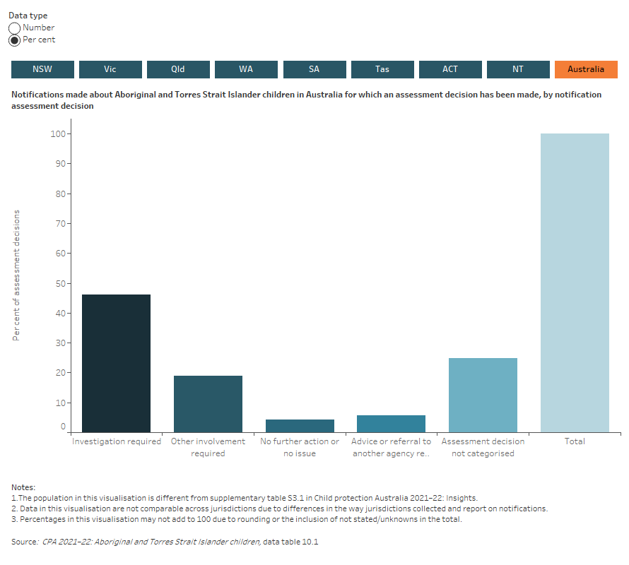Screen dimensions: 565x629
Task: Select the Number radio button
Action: (x=15, y=28)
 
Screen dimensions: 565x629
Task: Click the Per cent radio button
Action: (x=15, y=40)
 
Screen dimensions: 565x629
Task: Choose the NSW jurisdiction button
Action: (x=42, y=69)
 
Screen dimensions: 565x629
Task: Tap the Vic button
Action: (x=110, y=69)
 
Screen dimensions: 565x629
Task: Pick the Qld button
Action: (x=178, y=69)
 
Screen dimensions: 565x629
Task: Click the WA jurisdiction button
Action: (x=246, y=69)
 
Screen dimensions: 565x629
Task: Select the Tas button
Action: (x=382, y=69)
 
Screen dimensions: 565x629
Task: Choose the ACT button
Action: (x=450, y=69)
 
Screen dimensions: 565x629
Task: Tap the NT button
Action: (x=518, y=69)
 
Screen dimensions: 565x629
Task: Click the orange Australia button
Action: (x=586, y=69)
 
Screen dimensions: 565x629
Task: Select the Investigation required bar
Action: (x=116, y=364)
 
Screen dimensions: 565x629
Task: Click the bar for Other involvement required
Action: (x=208, y=404)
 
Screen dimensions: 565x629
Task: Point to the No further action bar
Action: (x=300, y=426)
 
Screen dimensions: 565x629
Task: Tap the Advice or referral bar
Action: (x=391, y=424)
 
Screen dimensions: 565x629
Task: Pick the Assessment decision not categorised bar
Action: (x=483, y=395)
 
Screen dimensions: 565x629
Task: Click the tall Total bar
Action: (x=575, y=282)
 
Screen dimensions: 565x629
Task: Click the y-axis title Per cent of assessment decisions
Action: (x=16, y=275)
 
